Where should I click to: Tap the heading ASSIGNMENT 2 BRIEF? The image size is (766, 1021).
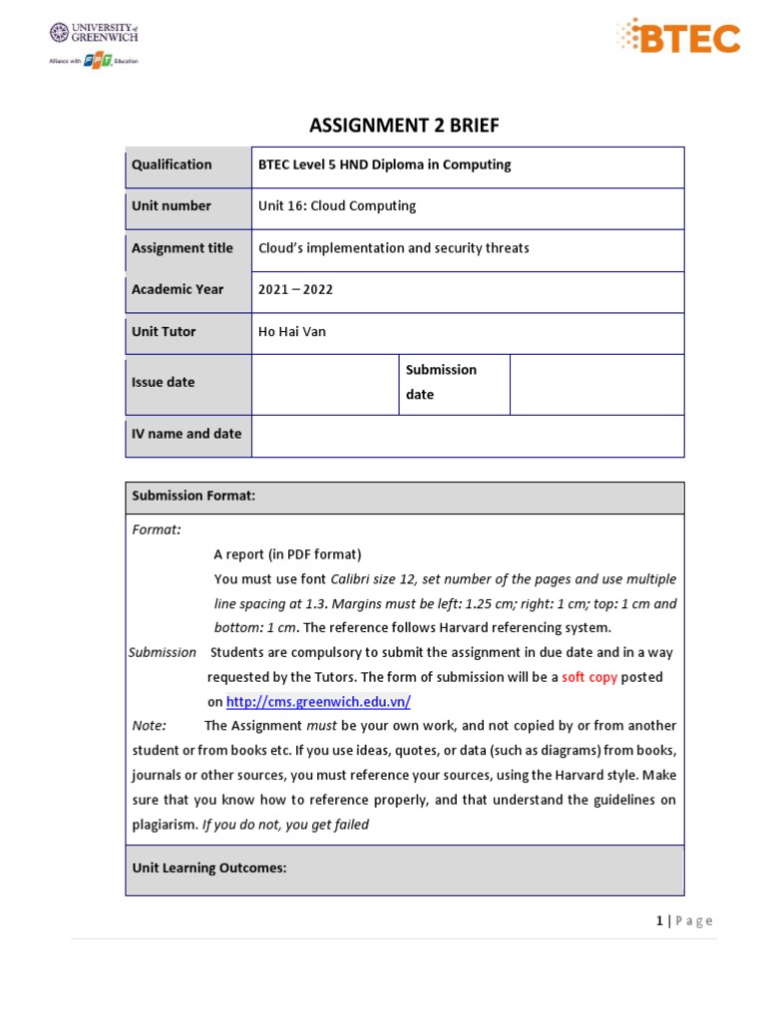click(404, 125)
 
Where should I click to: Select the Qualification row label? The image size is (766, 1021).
click(172, 166)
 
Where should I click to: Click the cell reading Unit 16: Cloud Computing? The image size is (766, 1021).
click(337, 206)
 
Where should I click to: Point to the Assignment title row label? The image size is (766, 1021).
click(183, 248)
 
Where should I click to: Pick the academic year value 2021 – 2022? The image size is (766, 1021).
click(295, 290)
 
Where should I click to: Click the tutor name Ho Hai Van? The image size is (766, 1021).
click(292, 332)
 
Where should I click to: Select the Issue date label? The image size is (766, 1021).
click(164, 383)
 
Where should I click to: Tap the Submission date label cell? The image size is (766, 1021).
click(441, 382)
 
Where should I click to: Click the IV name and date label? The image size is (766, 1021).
click(187, 435)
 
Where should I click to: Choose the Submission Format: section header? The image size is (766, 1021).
click(193, 497)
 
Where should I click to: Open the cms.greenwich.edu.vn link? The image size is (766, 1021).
click(318, 702)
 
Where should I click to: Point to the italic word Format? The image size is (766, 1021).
click(157, 530)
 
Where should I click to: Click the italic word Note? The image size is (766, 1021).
click(150, 726)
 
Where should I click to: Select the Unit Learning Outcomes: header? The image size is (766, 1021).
click(209, 868)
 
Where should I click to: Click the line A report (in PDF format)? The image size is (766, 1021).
click(287, 554)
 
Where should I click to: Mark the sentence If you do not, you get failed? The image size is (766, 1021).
click(285, 825)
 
